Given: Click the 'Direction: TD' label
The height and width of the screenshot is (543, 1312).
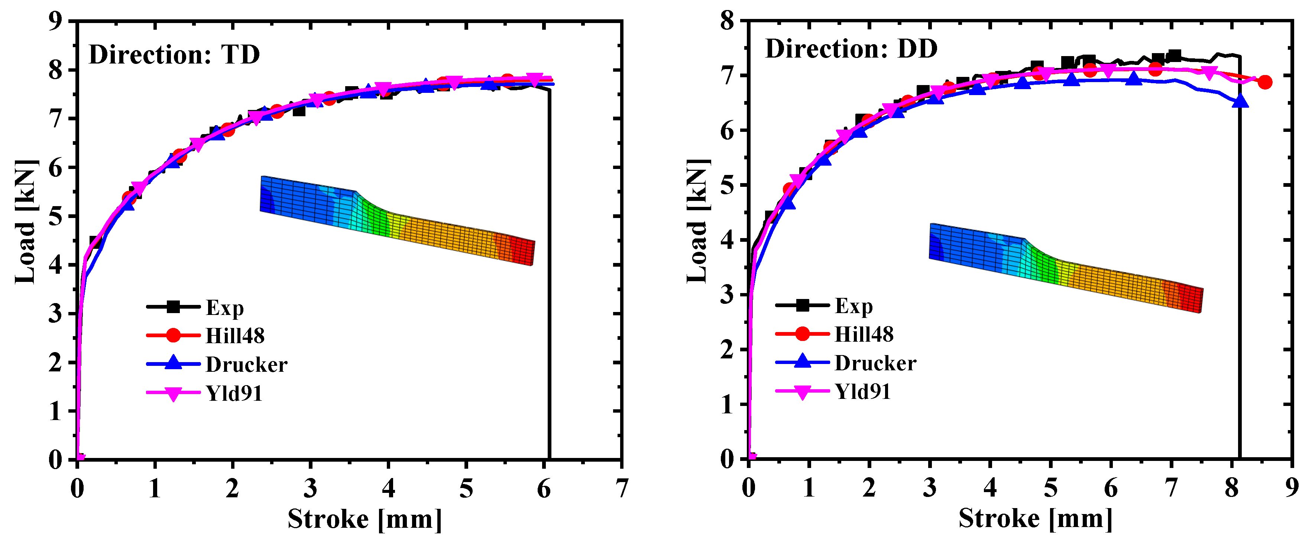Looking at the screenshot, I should [x=174, y=55].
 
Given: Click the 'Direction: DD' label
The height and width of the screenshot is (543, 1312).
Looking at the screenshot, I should [x=851, y=49].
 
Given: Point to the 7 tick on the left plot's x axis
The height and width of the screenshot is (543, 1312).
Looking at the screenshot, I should [x=621, y=488].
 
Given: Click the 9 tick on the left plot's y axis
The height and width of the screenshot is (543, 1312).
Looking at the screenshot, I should [x=55, y=22].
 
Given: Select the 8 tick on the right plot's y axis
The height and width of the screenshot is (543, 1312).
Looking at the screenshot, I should [x=727, y=22].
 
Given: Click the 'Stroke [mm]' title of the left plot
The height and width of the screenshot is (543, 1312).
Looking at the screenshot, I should [x=364, y=520].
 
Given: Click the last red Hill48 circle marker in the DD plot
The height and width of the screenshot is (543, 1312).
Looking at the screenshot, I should [x=1265, y=82].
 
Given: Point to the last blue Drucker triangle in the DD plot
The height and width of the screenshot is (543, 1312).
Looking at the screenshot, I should [x=1240, y=101].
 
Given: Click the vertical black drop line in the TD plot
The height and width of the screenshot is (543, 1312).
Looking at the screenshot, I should [x=550, y=275].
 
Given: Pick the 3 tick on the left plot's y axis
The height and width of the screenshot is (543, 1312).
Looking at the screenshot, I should [x=55, y=313].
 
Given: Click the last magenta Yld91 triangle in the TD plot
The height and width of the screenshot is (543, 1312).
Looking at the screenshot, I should [x=534, y=80].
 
